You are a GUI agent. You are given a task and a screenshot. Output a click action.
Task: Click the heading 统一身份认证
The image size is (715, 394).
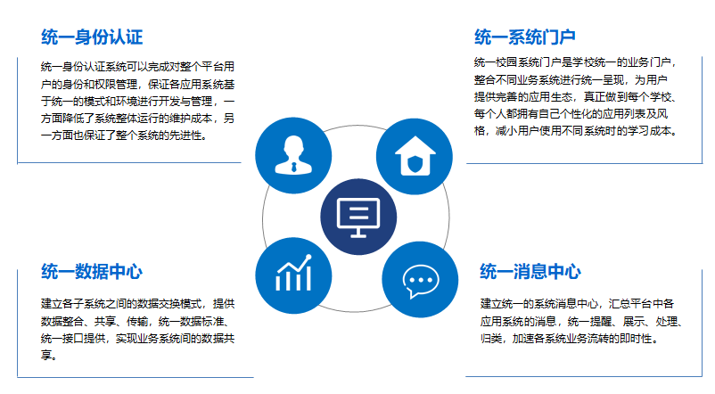coord(92,37)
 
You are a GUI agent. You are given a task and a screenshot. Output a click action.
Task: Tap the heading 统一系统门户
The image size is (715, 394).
coord(524,37)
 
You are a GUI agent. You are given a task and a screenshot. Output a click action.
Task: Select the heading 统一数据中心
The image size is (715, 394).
coord(92,271)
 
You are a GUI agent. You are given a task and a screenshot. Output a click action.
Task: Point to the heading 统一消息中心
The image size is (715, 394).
coord(530,271)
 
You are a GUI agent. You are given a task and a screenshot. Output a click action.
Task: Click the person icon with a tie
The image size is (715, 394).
coord(293,155)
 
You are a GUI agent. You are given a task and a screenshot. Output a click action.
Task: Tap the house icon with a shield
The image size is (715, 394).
coord(415,156)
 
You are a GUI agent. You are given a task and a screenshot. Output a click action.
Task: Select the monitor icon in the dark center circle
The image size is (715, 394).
coord(358,218)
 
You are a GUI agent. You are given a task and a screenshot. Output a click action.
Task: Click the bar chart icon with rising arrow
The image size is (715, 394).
coord(293,273)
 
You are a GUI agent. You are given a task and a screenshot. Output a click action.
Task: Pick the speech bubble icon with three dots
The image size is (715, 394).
coord(421,281)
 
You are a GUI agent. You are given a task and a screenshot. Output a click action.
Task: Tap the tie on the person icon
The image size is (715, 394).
coord(293,167)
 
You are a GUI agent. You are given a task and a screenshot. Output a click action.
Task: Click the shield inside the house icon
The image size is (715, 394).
coord(415,163)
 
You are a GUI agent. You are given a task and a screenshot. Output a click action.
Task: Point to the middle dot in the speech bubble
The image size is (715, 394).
coord(421,280)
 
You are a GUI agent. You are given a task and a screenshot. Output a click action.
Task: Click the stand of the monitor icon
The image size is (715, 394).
coord(358,233)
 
